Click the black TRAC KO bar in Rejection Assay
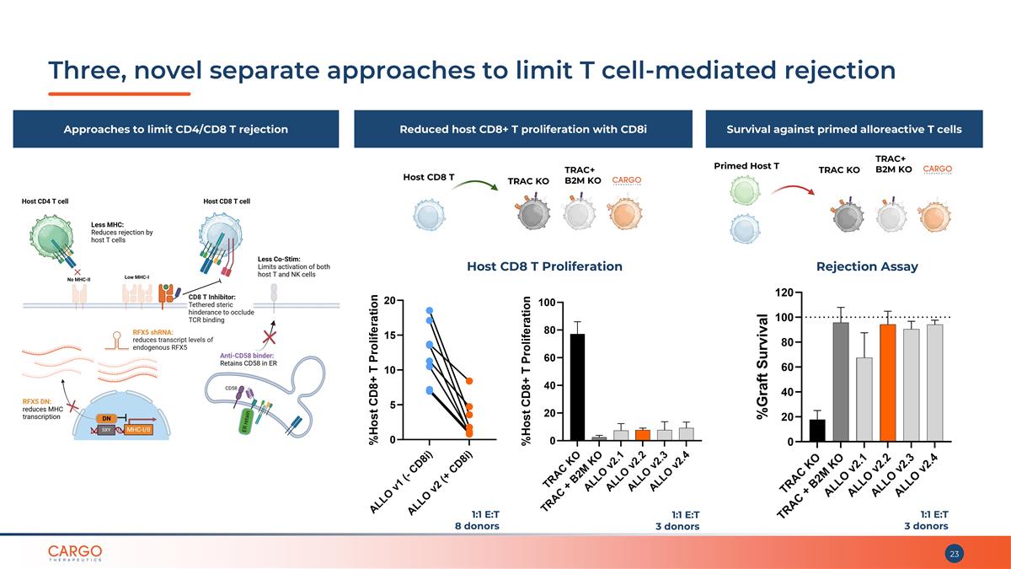(817, 430)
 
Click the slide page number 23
(955, 554)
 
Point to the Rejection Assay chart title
(867, 266)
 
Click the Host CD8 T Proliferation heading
(544, 266)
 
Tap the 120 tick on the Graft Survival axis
(784, 293)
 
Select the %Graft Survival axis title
(763, 367)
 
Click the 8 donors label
(477, 526)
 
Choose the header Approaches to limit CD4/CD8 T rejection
(176, 129)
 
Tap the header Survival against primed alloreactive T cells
(844, 129)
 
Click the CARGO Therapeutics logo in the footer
(75, 553)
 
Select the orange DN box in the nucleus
(107, 418)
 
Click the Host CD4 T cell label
(45, 201)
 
